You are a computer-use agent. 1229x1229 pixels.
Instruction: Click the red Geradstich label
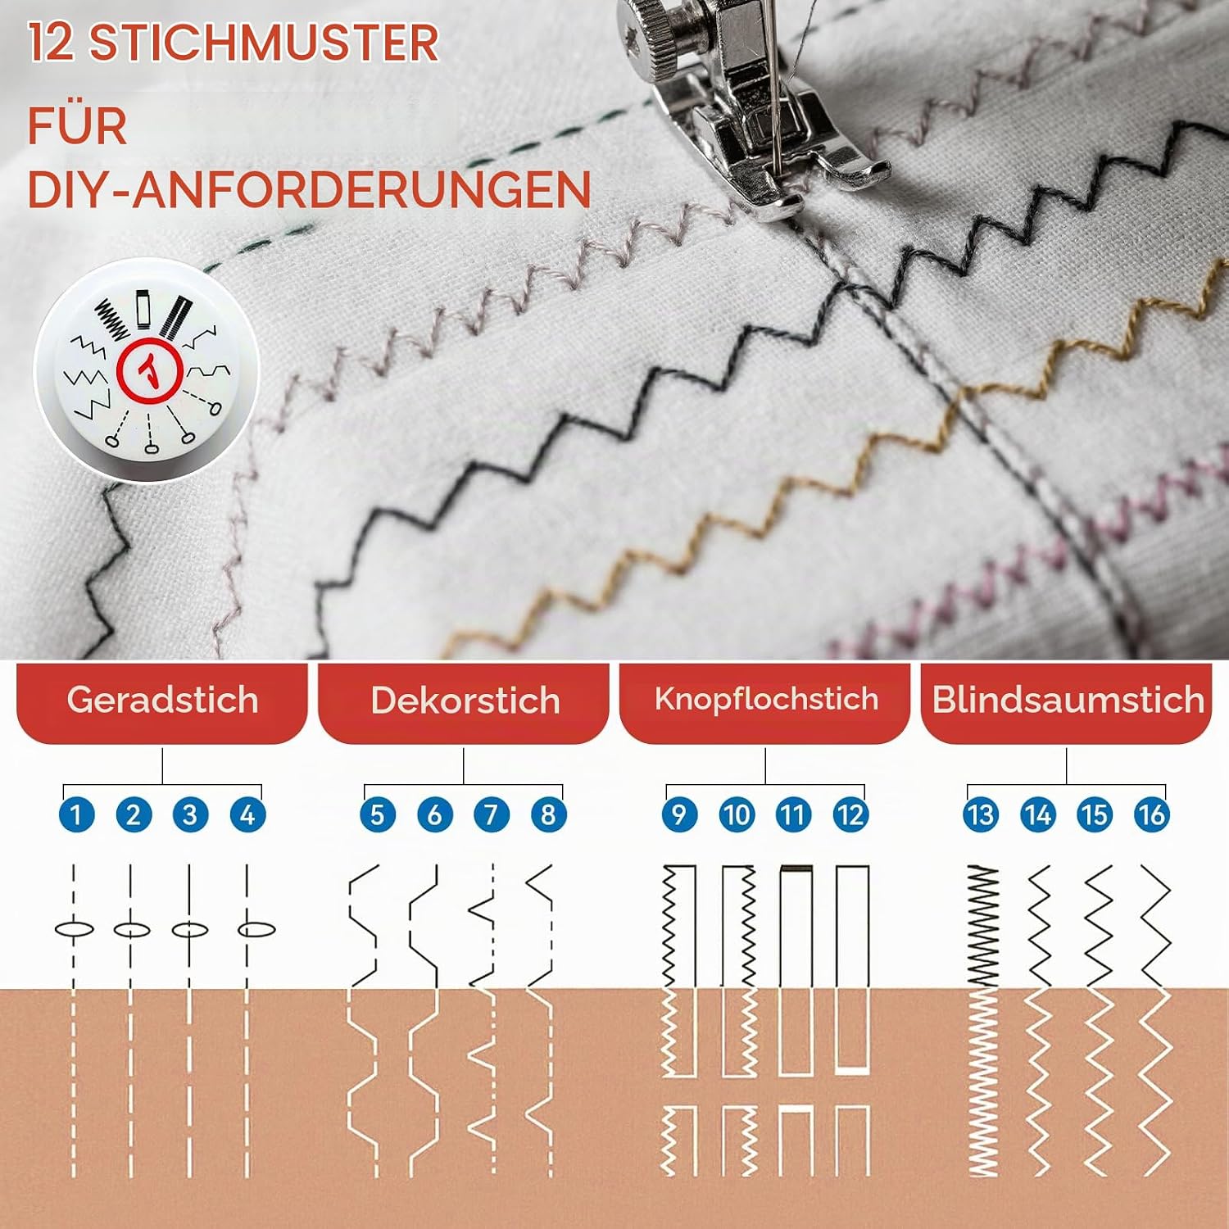162,702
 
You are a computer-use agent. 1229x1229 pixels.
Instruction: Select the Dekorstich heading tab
464,702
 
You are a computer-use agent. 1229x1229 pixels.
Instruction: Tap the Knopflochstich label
765,702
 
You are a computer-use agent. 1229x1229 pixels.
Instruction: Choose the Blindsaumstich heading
1067,702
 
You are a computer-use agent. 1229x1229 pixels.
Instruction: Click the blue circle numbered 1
77,815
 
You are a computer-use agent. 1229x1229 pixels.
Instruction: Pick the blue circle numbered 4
247,815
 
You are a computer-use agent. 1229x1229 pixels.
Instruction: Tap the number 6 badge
434,815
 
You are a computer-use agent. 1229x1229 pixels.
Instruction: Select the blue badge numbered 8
548,815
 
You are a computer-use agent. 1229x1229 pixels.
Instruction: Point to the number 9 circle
679,815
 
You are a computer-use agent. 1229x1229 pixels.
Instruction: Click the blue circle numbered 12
850,815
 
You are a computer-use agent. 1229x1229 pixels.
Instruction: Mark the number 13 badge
981,815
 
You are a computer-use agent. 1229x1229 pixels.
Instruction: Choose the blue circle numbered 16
1151,815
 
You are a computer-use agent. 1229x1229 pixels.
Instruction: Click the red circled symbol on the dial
149,370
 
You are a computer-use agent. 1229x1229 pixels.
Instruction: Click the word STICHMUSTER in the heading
264,43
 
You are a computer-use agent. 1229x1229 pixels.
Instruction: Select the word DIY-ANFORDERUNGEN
310,190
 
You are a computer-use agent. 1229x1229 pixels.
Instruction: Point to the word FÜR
78,126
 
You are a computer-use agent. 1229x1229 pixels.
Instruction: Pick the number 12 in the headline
51,43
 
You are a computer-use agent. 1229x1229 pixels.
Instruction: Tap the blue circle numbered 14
1038,815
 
